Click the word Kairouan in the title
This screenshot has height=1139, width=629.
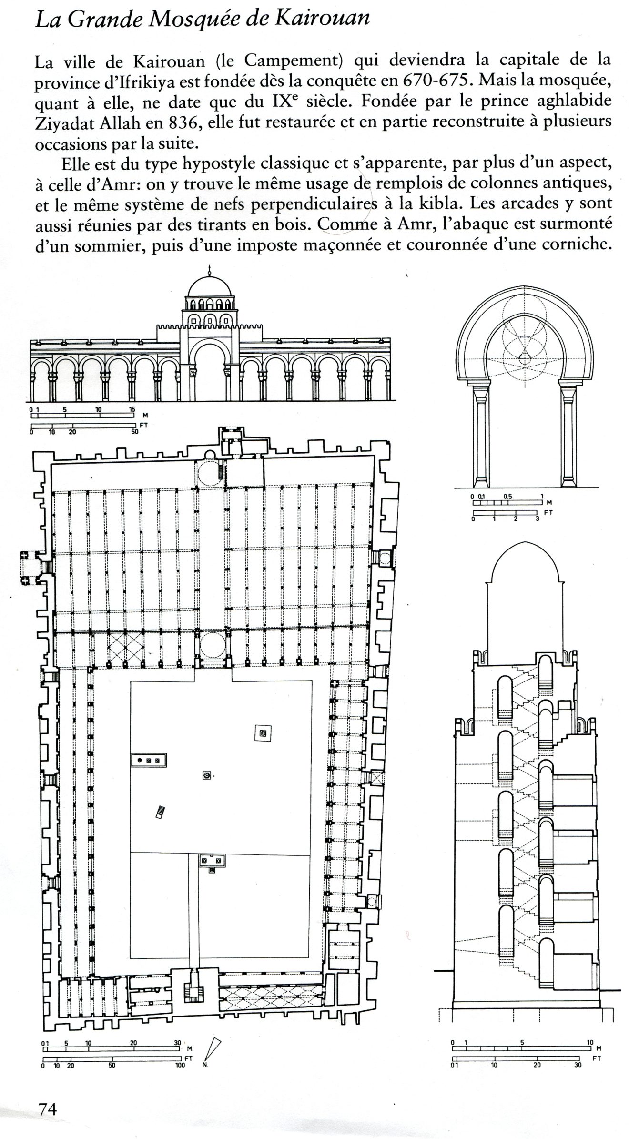click(314, 19)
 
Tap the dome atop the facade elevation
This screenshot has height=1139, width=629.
click(210, 286)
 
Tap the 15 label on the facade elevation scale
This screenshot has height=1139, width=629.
click(132, 409)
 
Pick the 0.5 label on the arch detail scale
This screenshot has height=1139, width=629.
click(507, 496)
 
